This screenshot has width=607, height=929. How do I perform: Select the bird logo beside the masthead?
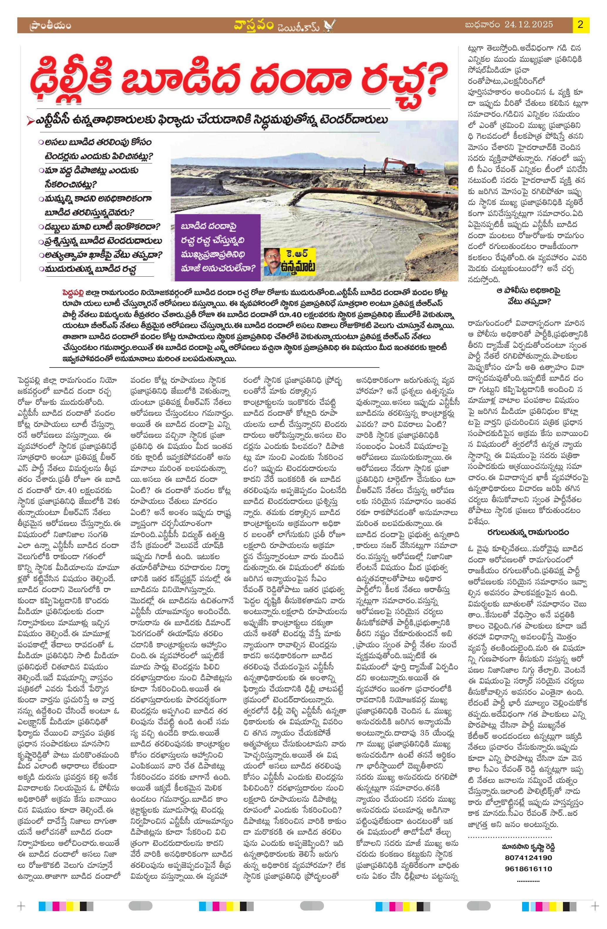click(331, 26)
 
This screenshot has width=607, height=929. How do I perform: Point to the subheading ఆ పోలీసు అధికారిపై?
click(528, 291)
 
